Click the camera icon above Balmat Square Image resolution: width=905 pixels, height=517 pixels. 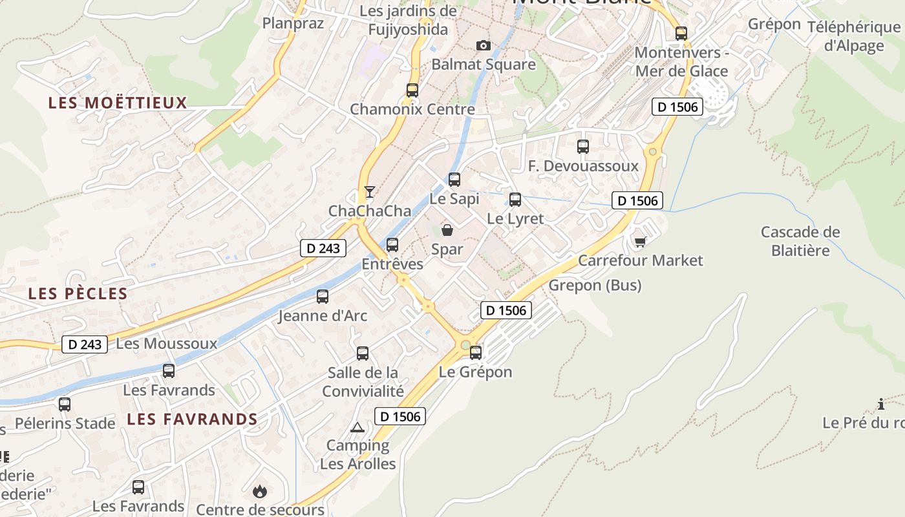(x=483, y=45)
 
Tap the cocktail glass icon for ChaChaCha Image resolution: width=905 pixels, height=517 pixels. (x=369, y=192)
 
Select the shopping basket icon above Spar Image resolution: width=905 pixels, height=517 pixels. (x=447, y=229)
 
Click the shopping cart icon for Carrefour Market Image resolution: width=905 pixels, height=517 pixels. (x=640, y=242)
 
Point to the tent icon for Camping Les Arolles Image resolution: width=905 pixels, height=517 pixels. (x=357, y=427)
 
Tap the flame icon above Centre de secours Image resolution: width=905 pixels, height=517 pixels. (x=260, y=492)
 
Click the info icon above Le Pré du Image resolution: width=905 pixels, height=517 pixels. (x=880, y=405)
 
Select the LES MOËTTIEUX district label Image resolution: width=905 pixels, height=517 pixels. (x=118, y=103)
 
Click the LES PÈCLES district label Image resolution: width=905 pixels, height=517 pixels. (x=78, y=293)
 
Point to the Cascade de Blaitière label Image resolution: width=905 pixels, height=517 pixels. (x=800, y=241)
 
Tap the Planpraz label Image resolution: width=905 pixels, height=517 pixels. (x=293, y=23)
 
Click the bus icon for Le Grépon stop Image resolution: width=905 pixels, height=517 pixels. (x=476, y=353)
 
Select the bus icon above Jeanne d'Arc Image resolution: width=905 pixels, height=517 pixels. (x=322, y=297)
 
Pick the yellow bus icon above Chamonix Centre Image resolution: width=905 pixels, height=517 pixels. (x=412, y=90)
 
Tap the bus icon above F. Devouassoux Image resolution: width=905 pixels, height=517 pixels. (x=582, y=147)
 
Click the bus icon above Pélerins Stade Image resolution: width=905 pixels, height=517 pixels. (x=64, y=405)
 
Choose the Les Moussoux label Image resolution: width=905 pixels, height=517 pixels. (x=167, y=343)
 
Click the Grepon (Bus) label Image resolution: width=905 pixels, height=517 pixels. (x=595, y=285)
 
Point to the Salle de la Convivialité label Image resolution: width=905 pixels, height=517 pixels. (x=363, y=382)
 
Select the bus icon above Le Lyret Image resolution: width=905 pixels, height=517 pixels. (x=515, y=200)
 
